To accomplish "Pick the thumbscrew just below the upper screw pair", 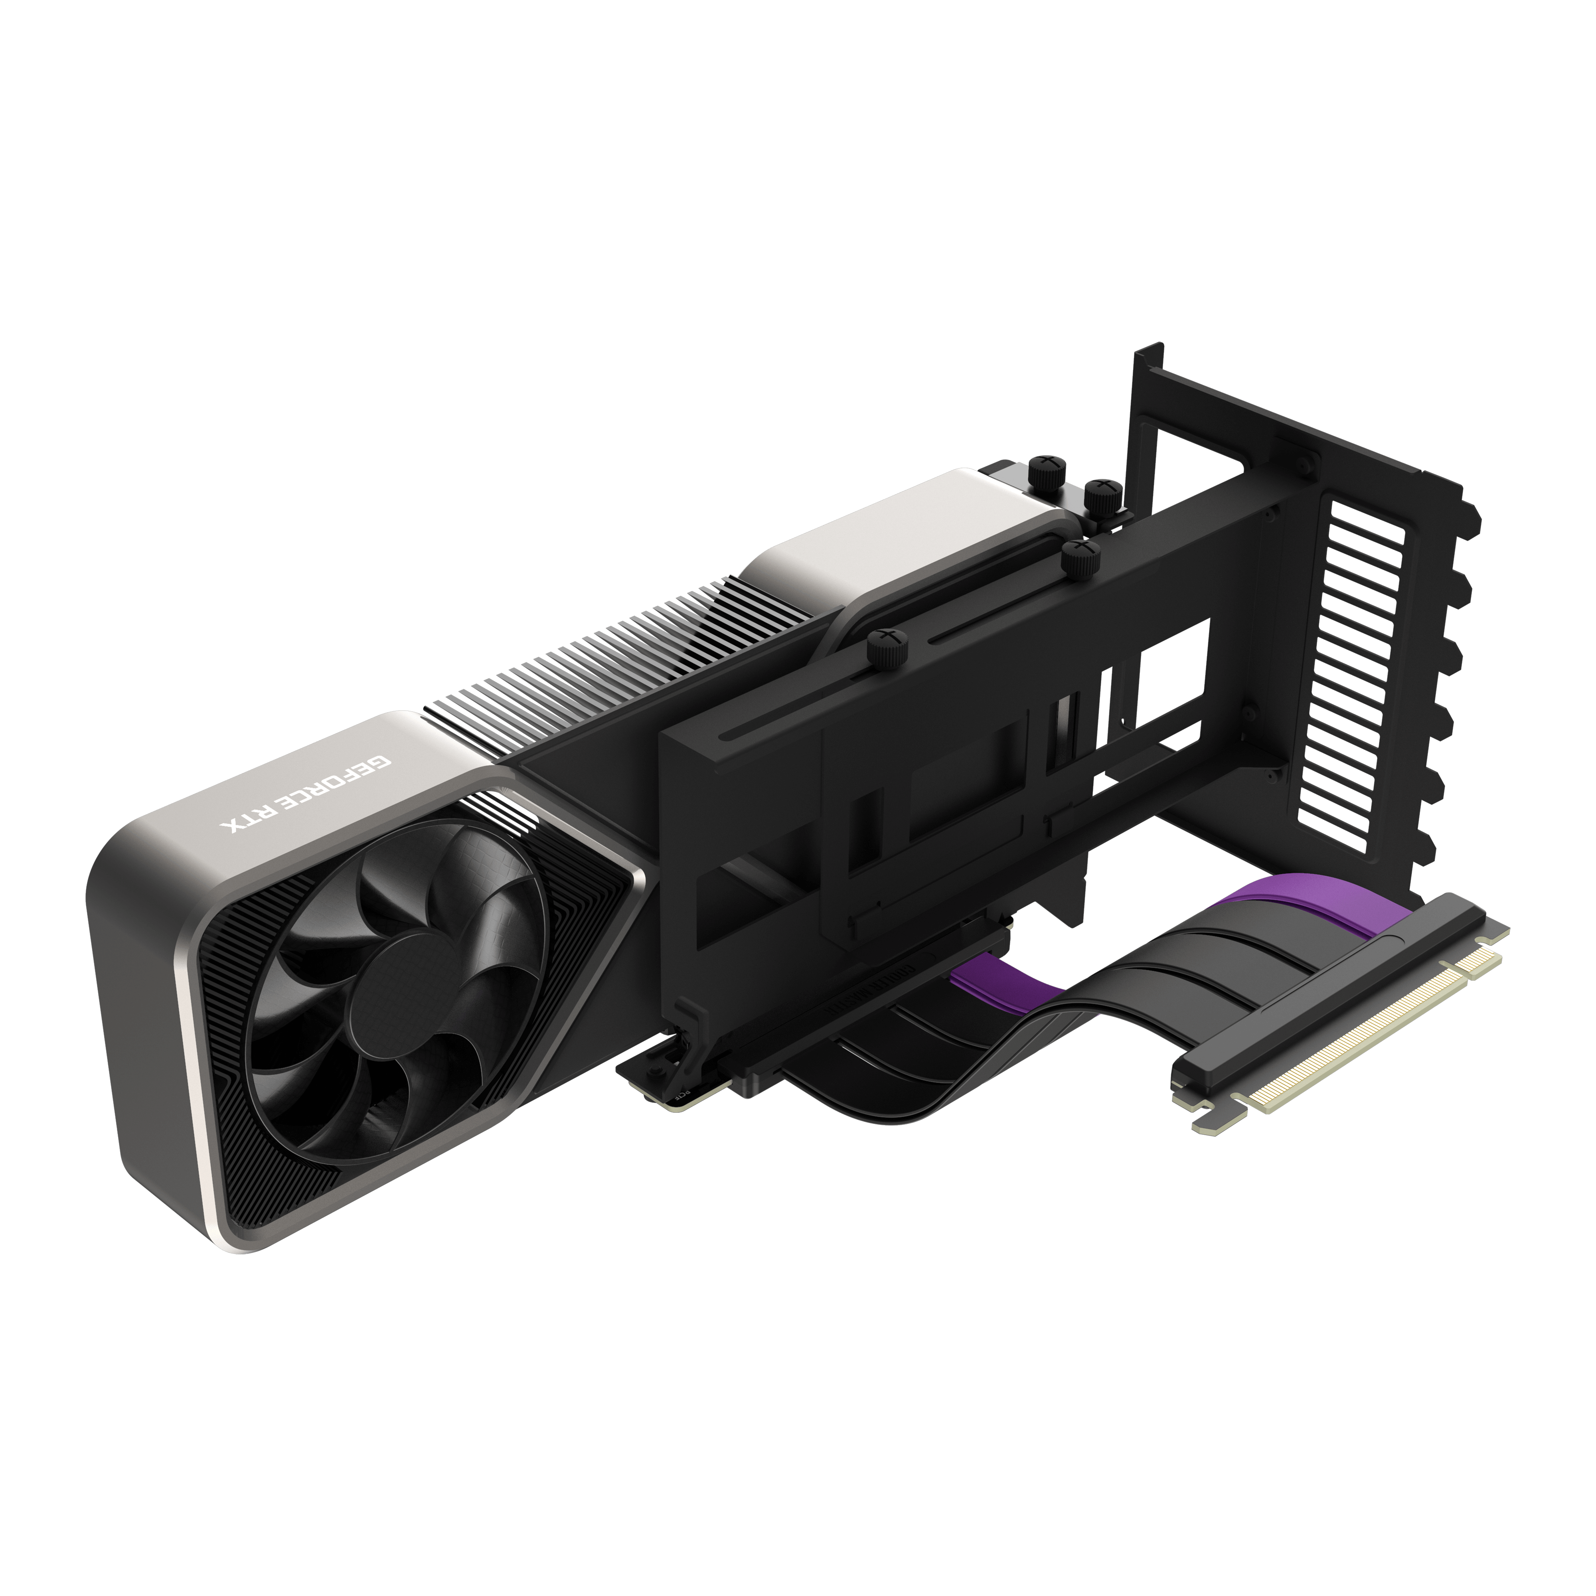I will coord(1080,559).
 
